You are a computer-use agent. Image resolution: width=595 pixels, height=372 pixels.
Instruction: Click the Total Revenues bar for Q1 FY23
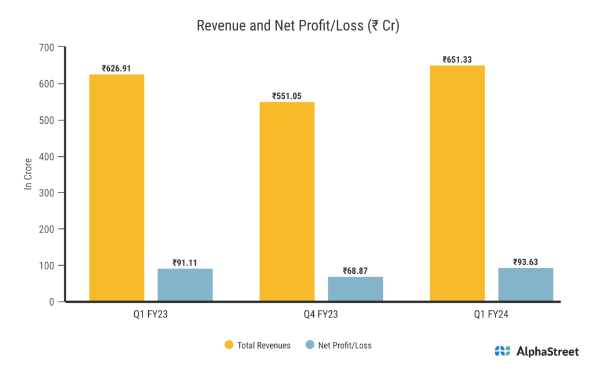tap(117, 188)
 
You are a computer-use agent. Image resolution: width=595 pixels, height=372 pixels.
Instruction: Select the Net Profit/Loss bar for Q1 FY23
tap(185, 285)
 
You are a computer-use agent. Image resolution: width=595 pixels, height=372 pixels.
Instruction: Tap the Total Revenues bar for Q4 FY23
tap(287, 202)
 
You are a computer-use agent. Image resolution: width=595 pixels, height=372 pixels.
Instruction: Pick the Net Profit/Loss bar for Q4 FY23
tap(355, 289)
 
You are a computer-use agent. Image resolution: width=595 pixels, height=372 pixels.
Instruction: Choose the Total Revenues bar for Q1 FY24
tap(457, 183)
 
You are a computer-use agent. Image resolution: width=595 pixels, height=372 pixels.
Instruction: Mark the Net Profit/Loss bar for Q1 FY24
tap(525, 284)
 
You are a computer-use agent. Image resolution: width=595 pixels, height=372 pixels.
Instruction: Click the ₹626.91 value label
tap(117, 69)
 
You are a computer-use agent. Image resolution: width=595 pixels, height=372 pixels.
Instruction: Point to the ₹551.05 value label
tap(287, 96)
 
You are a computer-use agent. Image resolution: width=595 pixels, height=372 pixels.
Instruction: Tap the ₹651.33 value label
tap(457, 60)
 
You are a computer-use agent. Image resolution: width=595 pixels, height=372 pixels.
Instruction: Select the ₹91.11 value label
tap(185, 263)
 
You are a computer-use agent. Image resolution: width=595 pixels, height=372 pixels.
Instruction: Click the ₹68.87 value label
tap(355, 271)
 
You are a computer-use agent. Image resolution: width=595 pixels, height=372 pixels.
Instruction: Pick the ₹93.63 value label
tap(525, 262)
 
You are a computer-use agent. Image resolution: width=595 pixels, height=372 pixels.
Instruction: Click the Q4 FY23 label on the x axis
tap(321, 315)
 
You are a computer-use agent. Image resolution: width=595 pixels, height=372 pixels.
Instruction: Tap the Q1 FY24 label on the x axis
tap(492, 315)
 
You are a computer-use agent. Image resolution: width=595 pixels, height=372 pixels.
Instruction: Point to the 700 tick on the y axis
tap(47, 48)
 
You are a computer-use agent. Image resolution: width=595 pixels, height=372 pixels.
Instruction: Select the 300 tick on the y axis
tap(47, 193)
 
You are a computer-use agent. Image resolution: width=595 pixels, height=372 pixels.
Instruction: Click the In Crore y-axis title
tap(27, 174)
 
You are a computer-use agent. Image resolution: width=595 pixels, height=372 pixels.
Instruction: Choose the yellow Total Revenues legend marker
tap(229, 345)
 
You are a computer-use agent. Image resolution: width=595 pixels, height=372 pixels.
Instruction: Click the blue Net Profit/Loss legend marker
tap(310, 345)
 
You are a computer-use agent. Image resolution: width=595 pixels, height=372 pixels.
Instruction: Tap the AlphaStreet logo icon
tap(502, 350)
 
